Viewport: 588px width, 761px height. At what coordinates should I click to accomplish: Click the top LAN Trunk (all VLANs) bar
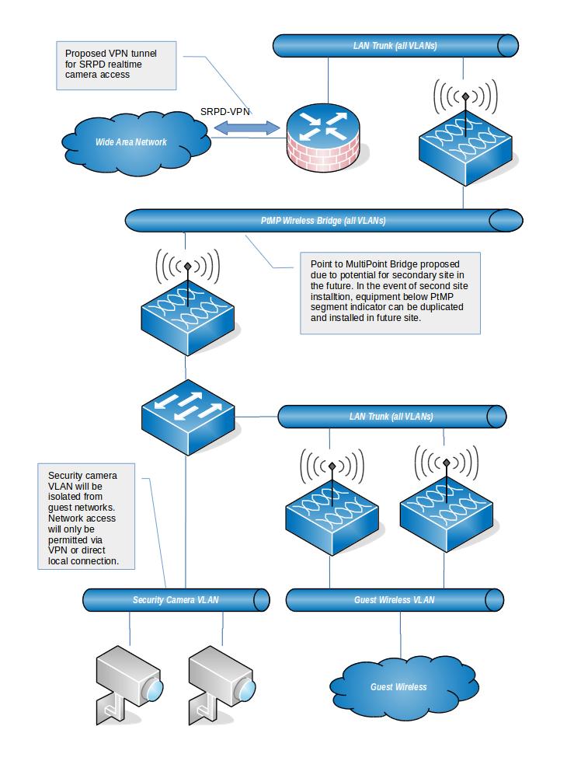click(x=396, y=46)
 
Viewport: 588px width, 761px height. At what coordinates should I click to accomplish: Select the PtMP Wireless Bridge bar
click(x=322, y=221)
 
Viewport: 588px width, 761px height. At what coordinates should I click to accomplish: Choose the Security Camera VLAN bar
click(x=176, y=599)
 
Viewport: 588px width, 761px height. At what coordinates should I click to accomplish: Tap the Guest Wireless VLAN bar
click(x=395, y=599)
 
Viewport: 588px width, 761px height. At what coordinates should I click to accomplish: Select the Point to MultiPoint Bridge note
click(x=390, y=292)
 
